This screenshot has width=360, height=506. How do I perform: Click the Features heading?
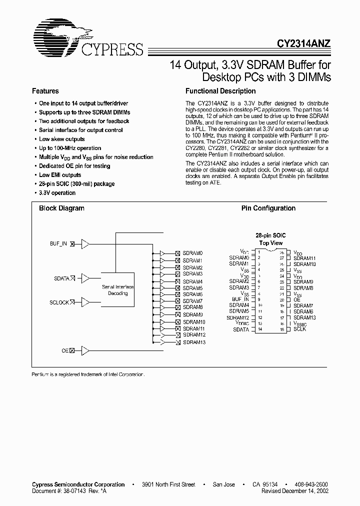point(45,91)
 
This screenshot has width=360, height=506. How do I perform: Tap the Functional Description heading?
point(220,91)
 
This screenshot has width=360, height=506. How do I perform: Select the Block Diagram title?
point(61,208)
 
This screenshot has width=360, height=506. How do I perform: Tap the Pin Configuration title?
point(268,208)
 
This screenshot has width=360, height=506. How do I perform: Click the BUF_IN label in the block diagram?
point(58,243)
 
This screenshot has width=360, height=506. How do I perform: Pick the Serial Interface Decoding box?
point(118,290)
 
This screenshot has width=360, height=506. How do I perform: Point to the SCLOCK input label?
point(58,302)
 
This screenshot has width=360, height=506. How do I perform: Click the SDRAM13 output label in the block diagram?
point(194,342)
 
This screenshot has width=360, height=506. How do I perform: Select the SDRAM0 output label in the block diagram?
point(192,253)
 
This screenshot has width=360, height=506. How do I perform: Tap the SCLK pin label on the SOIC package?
point(300,329)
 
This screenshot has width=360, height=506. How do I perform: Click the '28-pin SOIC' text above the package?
point(270,235)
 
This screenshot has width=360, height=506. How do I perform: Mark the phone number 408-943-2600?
point(311,484)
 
